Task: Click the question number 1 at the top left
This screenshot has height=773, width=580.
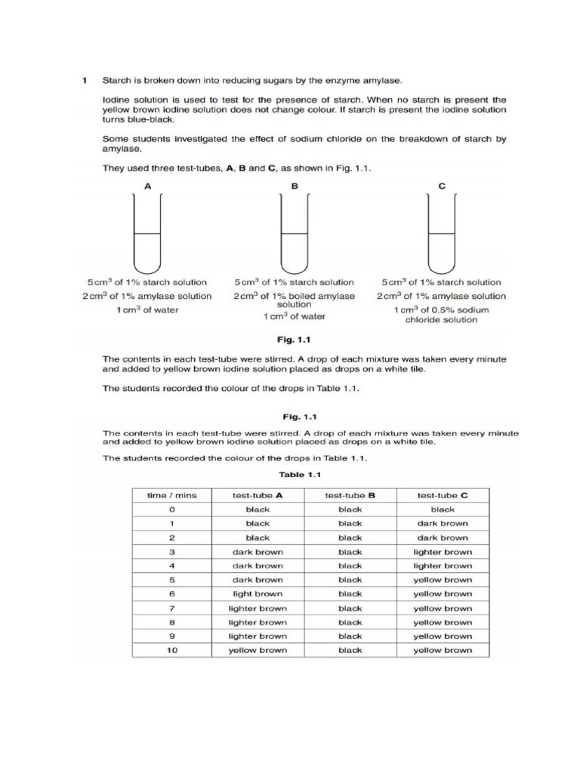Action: pos(85,79)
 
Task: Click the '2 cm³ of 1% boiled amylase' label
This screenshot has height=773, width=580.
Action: pos(294,296)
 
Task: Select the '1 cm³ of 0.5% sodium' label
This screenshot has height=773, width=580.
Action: pos(442,310)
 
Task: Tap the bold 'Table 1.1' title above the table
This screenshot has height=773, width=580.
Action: pos(300,475)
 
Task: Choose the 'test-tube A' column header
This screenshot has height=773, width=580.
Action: pos(258,495)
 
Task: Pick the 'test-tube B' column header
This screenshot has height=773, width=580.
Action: pos(350,495)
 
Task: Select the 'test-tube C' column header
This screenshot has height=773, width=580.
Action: pos(443,495)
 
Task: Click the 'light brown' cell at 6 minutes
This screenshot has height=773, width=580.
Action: pos(258,594)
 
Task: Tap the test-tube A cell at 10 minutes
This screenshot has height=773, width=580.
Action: pos(258,650)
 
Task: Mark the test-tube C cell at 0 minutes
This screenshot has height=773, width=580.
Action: pos(443,510)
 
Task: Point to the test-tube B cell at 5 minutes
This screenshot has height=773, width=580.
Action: pos(350,580)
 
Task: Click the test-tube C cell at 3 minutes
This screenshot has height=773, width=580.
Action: pos(443,552)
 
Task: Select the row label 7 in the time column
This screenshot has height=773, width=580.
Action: pos(172,608)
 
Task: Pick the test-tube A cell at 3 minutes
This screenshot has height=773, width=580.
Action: pos(258,552)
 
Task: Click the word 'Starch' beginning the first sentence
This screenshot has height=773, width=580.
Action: pos(116,79)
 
